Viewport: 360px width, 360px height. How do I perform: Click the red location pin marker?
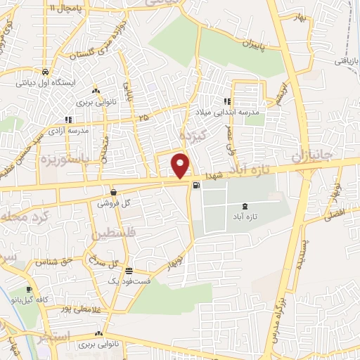[181, 166]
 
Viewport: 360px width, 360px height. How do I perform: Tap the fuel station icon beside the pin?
[195, 186]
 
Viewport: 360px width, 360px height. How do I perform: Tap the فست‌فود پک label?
[125, 280]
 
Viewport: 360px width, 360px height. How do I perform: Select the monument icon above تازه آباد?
[244, 205]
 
